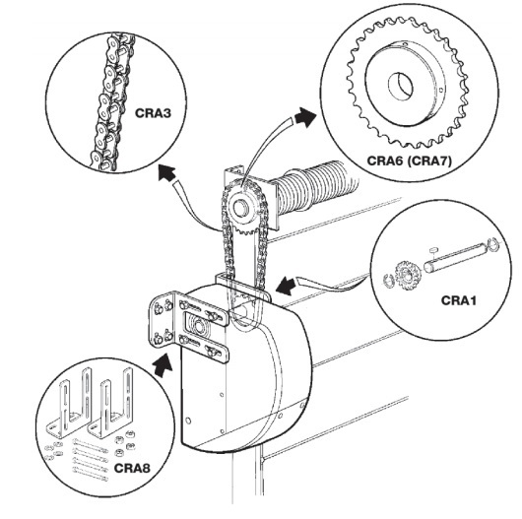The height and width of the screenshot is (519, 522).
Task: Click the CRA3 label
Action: coord(153,113)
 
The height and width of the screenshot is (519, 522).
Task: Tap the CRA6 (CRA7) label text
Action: coord(410,161)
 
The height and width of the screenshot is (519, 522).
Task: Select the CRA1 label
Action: coord(458,300)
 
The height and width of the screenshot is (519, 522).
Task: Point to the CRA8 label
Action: coord(132,468)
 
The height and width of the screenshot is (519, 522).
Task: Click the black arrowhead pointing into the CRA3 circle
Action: coord(167,173)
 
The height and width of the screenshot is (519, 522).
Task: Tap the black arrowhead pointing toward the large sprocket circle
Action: coord(304,117)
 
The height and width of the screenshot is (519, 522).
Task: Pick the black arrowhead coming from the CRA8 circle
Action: coord(163,365)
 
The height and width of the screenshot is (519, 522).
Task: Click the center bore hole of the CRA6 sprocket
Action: coord(401,86)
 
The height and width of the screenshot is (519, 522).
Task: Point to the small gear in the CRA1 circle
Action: coord(407,275)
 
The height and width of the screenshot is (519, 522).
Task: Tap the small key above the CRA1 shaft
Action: coord(433,249)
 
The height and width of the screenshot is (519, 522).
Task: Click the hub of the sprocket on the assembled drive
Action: coord(239,208)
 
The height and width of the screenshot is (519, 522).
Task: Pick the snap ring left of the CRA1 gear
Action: coord(387,281)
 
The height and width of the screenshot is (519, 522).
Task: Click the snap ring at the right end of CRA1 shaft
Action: coord(493,243)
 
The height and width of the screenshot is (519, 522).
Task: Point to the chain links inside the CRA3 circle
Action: coord(111,103)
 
